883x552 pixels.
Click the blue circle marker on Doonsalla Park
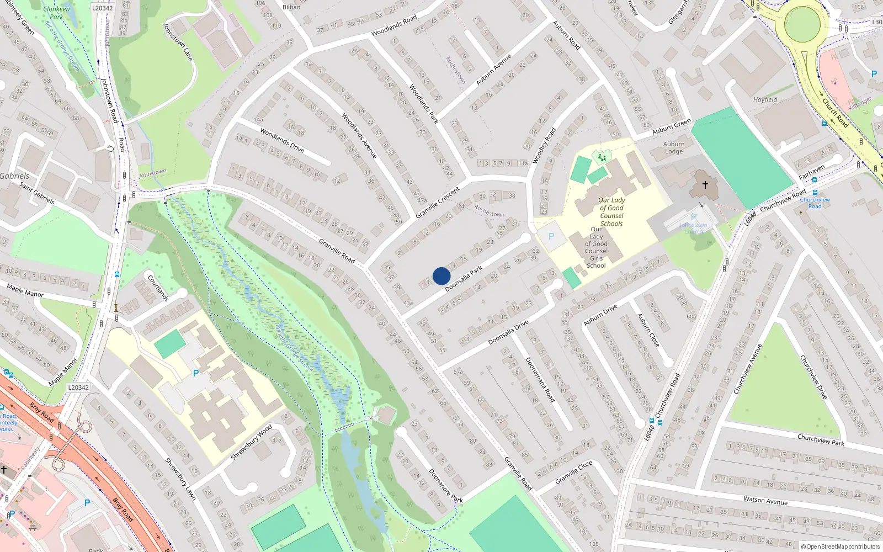coord(441,276)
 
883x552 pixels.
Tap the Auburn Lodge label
coord(674,148)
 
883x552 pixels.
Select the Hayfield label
coord(765,100)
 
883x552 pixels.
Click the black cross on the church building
coord(705,185)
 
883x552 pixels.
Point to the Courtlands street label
coord(158,288)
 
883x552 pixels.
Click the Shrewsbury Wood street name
coord(251,442)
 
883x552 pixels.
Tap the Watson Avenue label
coord(765,501)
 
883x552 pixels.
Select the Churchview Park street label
coord(821,440)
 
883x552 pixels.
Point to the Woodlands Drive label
coord(282,140)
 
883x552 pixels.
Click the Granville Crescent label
coord(438,203)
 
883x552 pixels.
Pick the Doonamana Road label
coord(540,379)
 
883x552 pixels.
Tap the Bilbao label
coord(291,7)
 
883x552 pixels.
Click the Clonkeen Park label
coord(56,13)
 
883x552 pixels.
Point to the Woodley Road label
coord(544,146)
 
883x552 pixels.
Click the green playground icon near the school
coord(602,158)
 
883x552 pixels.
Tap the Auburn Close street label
coord(648,330)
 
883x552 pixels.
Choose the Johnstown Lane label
coord(178,42)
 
